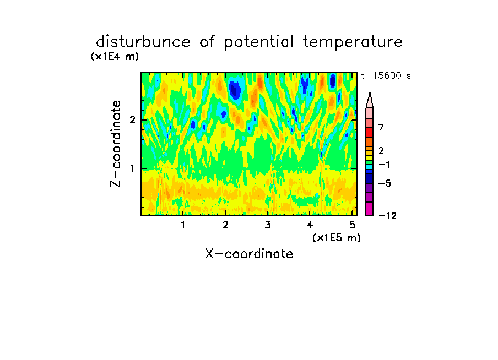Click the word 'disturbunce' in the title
pos(143,42)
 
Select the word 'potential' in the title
pos(258,42)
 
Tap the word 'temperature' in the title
pos(353,42)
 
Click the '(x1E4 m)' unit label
pos(115,57)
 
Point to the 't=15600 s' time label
pos(386,75)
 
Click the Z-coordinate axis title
pos(116,144)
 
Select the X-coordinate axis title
pos(249,254)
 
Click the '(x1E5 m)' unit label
pos(337,238)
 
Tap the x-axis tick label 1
pos(183,225)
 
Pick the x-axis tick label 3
pos(268,225)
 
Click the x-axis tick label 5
pos(352,225)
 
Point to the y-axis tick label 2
pos(132,120)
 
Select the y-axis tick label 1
pos(132,168)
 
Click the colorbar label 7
pos(381,127)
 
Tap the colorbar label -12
pos(387,216)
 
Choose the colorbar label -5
pos(385,183)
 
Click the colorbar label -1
pos(384,165)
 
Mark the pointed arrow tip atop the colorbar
pos(370,92)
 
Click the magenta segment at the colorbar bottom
pos(370,209)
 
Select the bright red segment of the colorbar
pos(370,132)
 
